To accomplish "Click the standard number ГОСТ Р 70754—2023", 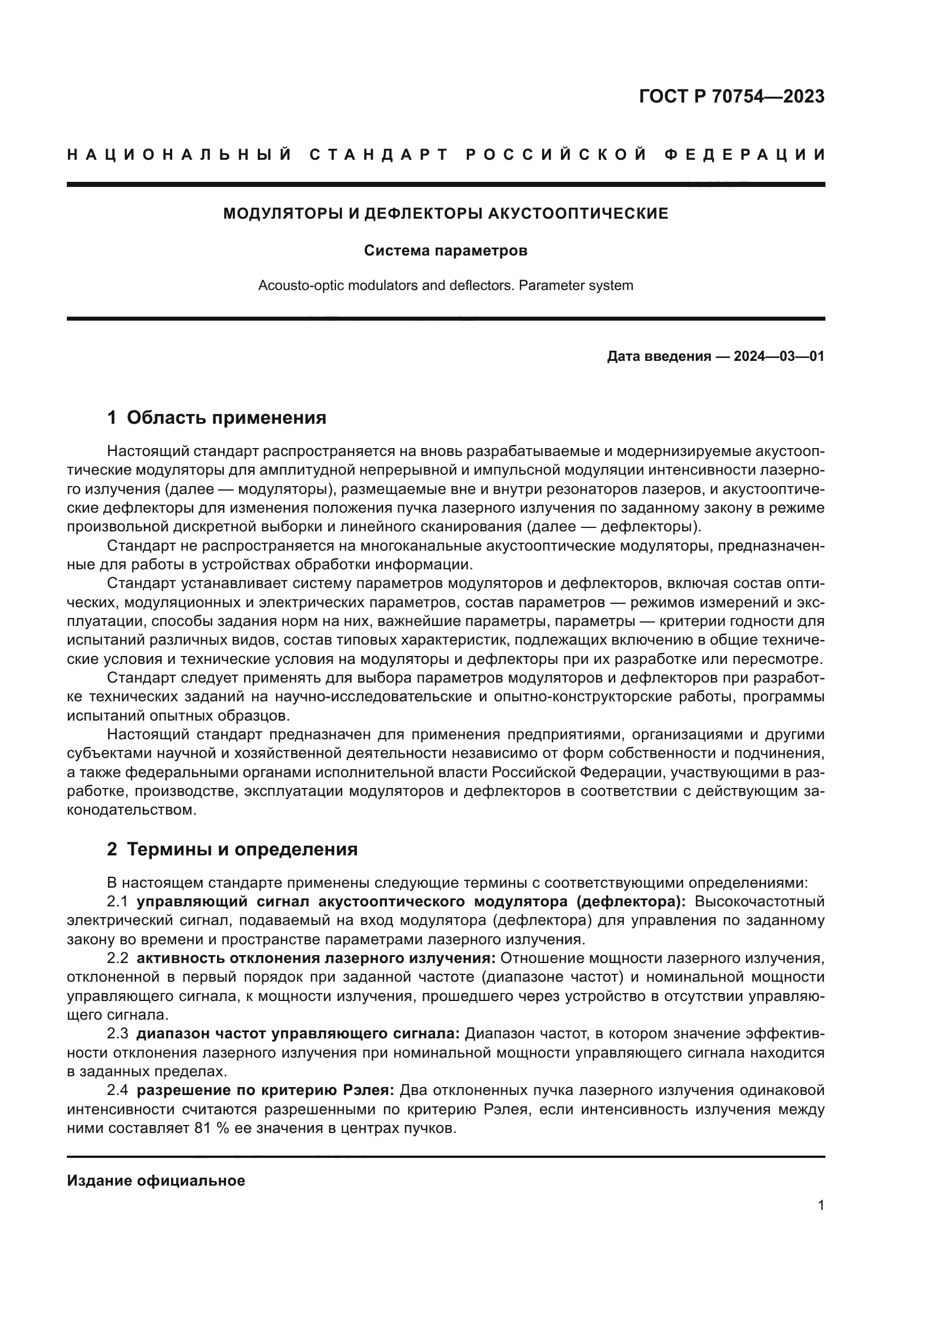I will coord(731,96).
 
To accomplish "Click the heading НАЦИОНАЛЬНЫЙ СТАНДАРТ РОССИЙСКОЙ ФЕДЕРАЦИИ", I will coord(445,155).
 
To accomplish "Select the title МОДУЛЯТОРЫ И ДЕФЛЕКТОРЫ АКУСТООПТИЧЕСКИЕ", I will coord(445,214).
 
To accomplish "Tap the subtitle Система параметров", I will coord(445,251).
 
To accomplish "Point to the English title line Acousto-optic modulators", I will coord(445,285).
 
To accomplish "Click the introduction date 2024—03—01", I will coord(778,356).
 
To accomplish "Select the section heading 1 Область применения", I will coord(216,417).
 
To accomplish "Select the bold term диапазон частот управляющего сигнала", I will coord(298,1034).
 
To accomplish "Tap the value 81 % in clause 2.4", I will coord(210,1128).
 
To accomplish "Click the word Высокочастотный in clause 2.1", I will coord(759,901).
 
